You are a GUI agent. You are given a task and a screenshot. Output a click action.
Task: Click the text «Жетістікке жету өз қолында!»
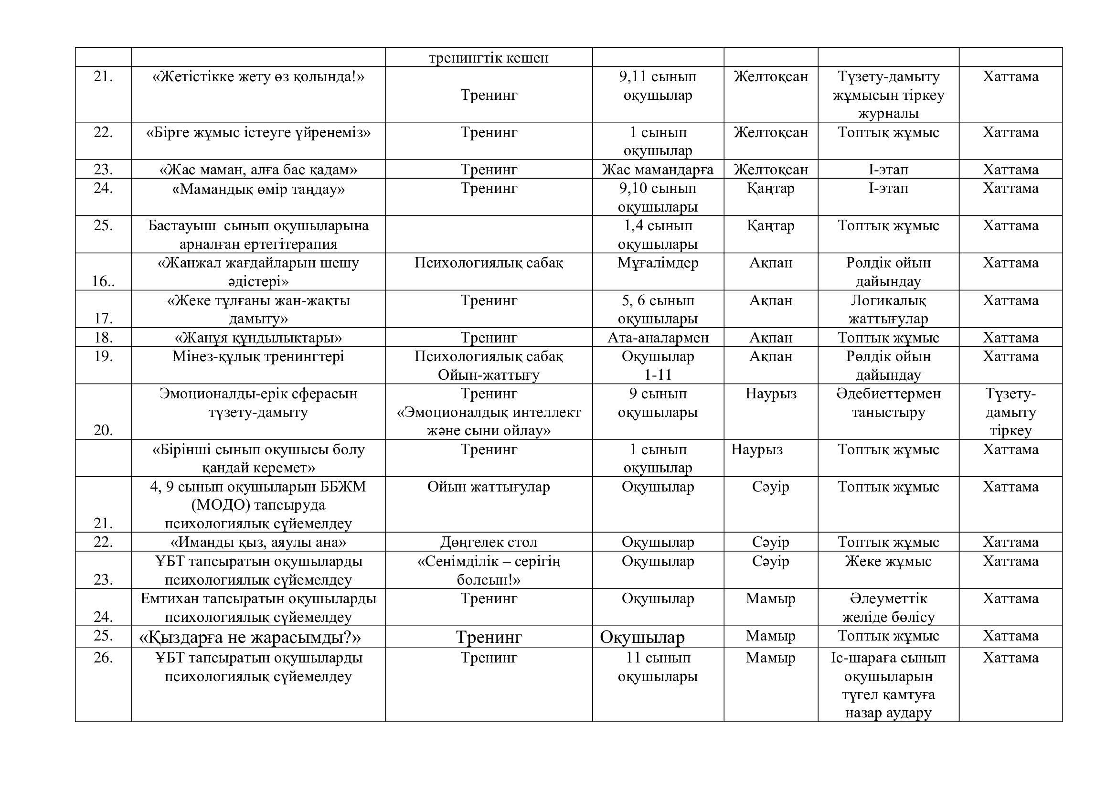258,77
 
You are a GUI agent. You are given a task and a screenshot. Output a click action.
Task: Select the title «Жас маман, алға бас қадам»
258,170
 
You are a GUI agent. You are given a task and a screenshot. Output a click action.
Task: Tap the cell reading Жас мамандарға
657,170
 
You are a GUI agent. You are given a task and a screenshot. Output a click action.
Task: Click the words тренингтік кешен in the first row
489,58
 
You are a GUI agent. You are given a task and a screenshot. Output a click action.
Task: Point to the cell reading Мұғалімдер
657,263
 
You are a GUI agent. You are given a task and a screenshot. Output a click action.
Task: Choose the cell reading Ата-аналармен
657,338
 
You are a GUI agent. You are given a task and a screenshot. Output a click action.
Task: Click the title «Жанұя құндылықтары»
258,338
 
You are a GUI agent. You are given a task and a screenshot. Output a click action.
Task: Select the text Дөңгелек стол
489,542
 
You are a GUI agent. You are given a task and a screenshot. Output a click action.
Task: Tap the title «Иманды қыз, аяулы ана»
258,542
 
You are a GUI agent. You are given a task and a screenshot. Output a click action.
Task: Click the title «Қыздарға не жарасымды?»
250,637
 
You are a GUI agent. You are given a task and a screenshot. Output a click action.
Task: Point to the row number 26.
103,658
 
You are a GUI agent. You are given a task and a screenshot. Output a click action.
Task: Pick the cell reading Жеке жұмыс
888,561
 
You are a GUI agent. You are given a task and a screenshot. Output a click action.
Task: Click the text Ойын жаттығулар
489,487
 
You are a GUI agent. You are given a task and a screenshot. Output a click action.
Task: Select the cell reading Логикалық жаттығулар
888,310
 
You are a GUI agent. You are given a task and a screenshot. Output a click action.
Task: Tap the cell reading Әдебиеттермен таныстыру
888,403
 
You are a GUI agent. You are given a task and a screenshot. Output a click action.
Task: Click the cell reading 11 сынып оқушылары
657,667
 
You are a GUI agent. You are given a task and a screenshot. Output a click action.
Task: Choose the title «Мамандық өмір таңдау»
258,189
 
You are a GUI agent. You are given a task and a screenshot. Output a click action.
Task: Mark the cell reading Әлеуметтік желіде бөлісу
888,608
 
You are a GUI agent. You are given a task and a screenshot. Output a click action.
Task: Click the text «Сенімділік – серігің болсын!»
489,571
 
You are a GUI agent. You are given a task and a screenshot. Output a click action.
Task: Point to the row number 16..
103,282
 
